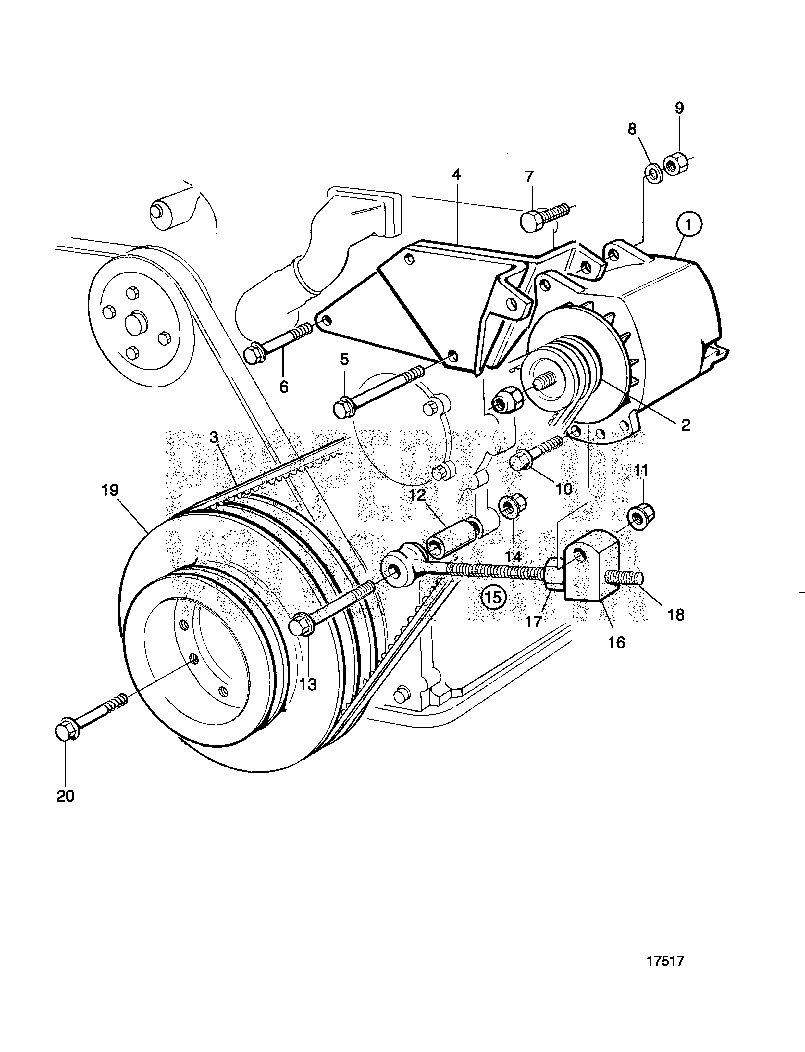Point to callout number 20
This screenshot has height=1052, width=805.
click(66, 796)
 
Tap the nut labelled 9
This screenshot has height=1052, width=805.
click(677, 165)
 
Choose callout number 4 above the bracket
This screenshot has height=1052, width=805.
click(457, 175)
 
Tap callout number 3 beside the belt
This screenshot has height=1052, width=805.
click(214, 437)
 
